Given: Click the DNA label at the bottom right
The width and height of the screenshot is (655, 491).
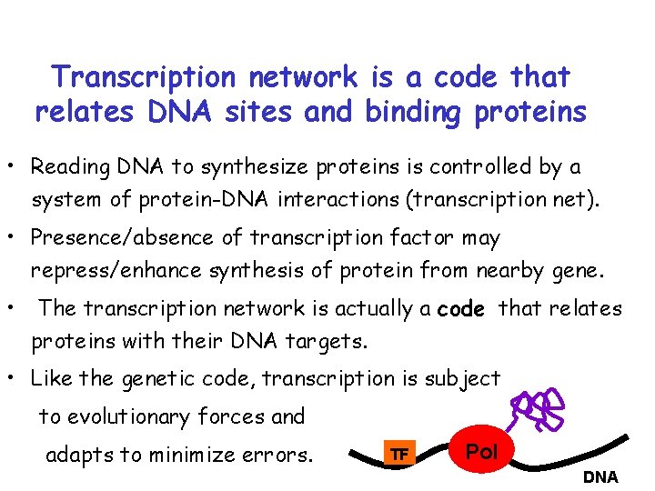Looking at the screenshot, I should coord(600,476).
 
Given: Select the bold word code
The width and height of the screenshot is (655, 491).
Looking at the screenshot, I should coord(460,309).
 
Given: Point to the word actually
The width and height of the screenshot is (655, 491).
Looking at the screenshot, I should coord(372,309).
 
